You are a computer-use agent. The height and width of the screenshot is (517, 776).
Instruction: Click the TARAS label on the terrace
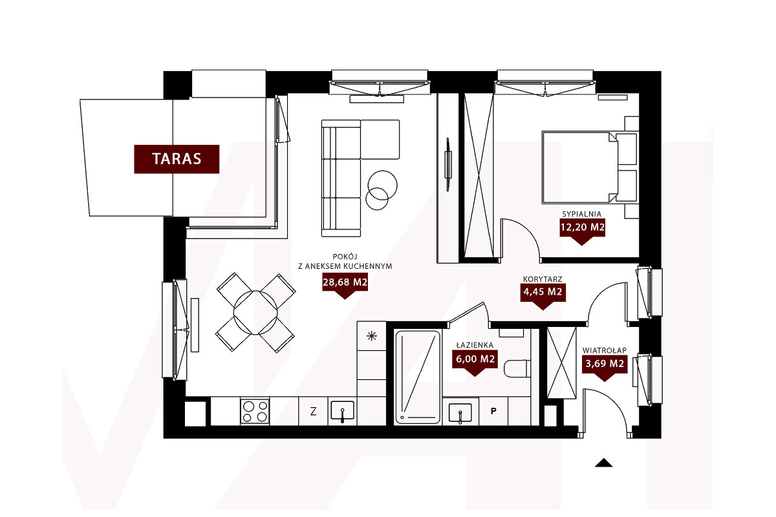(x=177, y=159)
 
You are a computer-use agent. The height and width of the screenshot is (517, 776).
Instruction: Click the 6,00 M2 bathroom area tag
(x=475, y=360)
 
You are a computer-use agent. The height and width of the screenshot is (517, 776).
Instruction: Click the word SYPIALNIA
(x=581, y=214)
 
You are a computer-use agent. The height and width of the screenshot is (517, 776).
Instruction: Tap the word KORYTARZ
(x=543, y=279)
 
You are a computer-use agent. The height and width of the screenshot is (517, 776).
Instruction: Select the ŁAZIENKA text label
(x=475, y=345)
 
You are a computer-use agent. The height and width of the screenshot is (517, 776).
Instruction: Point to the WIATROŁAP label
(x=605, y=350)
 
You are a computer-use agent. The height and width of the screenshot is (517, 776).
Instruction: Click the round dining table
(x=255, y=313)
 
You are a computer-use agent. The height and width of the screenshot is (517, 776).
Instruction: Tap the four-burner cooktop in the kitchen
(x=255, y=411)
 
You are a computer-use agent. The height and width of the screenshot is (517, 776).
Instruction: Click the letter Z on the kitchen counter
(x=313, y=411)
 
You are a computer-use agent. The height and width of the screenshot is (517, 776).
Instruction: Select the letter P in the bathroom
(x=493, y=411)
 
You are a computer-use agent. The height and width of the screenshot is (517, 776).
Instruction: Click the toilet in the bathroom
(x=517, y=368)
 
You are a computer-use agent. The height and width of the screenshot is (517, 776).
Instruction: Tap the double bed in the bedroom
(x=590, y=167)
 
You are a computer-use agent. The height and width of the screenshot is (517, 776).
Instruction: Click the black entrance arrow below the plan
(x=603, y=463)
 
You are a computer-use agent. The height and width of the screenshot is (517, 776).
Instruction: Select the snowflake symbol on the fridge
(x=371, y=335)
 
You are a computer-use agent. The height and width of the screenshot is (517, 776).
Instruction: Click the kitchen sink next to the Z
(x=342, y=411)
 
